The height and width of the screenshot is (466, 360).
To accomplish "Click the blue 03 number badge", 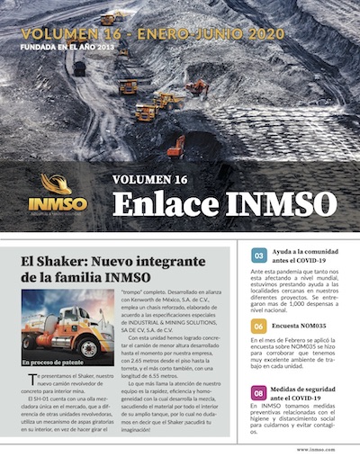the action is (x=258, y=255).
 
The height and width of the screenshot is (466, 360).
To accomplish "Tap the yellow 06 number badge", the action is (x=258, y=326).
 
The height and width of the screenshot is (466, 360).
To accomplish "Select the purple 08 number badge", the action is (x=258, y=392).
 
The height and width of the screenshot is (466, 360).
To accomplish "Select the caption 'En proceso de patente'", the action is (x=52, y=361).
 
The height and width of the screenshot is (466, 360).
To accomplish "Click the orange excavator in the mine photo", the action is (x=177, y=144).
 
